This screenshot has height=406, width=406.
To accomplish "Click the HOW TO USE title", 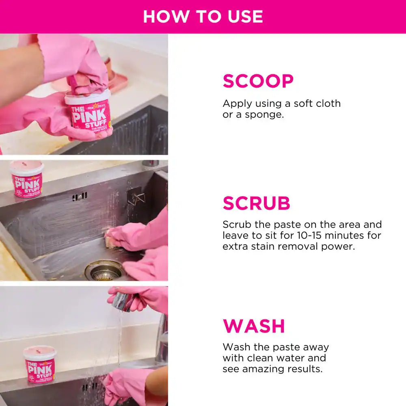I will (203, 16).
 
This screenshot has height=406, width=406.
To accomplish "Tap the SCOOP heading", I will (258, 81).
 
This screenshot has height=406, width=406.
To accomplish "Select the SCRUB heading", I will (256, 203).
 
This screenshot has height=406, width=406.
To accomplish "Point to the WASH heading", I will (254, 326).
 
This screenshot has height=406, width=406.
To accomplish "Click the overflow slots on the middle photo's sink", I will (80, 197).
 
